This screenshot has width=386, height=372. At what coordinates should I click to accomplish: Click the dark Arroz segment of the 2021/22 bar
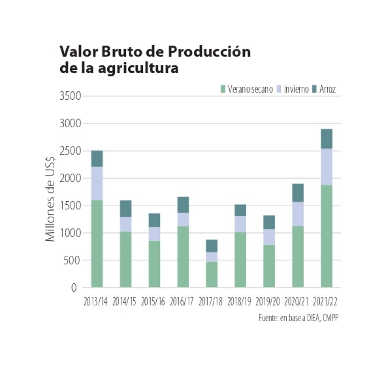click(x=327, y=139)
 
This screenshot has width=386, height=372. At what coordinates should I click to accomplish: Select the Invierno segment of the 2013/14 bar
click(x=97, y=183)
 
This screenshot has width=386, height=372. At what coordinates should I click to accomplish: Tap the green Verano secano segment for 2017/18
click(x=212, y=275)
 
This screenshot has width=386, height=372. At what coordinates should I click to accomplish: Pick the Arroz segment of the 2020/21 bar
click(x=298, y=193)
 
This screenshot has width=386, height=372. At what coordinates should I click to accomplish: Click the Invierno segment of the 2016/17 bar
click(x=183, y=220)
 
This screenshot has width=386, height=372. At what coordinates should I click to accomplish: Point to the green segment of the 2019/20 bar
click(x=269, y=266)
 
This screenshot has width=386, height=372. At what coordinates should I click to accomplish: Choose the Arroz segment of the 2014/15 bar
click(x=125, y=209)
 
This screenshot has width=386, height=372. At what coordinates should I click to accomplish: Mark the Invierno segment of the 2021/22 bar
click(x=327, y=167)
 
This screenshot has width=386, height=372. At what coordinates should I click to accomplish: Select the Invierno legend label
click(x=296, y=89)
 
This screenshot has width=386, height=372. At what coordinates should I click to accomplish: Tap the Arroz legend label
click(x=328, y=89)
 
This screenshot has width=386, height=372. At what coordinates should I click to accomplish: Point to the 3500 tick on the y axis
click(x=69, y=96)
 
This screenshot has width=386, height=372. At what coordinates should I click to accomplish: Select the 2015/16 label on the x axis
click(x=154, y=302)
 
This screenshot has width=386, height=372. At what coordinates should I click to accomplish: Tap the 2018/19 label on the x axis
click(x=240, y=302)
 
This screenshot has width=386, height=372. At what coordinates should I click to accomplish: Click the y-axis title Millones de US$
click(x=50, y=192)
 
